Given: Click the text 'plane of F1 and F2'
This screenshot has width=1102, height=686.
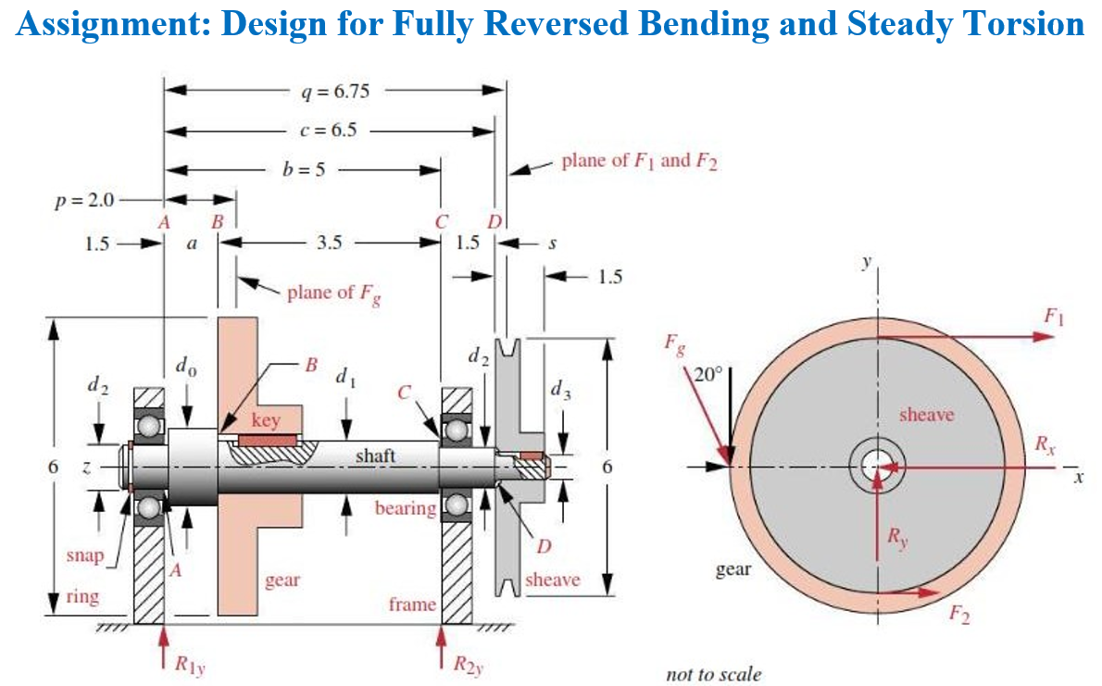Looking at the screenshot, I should coord(640,160).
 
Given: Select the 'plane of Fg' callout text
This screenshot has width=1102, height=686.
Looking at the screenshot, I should coord(334,293).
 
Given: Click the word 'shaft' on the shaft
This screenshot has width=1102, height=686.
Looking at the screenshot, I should coord(375,455).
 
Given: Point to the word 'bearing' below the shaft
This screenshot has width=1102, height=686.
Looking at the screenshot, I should coord(406,508).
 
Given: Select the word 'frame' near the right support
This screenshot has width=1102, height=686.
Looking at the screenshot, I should coord(412,605).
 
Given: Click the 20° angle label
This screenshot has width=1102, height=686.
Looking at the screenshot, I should coord(707,375).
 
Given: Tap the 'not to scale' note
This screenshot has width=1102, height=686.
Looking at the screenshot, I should coord(713,674).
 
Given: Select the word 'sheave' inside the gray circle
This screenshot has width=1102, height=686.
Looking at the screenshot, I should coord(926,415).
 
